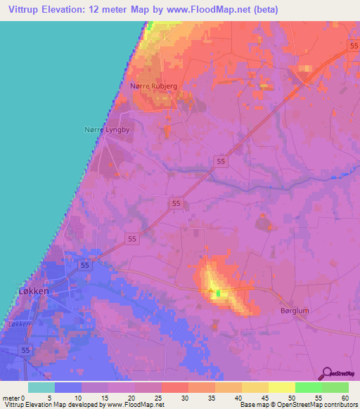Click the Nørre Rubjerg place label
pos(154,86)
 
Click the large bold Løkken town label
pos(32,291)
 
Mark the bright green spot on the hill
pos(218,293)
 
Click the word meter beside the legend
pos(11,398)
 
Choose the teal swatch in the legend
pos(41,387)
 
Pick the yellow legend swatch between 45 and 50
pos(281,387)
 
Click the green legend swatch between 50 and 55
pos(308,387)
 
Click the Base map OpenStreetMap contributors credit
pos(298,405)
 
